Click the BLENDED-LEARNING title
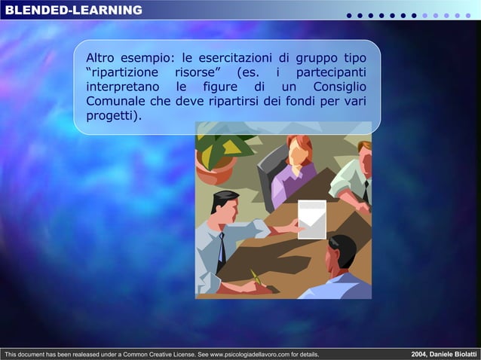[x=73, y=10]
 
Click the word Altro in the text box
[x=101, y=58]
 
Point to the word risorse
[x=194, y=72]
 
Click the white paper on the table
[x=311, y=218]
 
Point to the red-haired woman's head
[x=299, y=148]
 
